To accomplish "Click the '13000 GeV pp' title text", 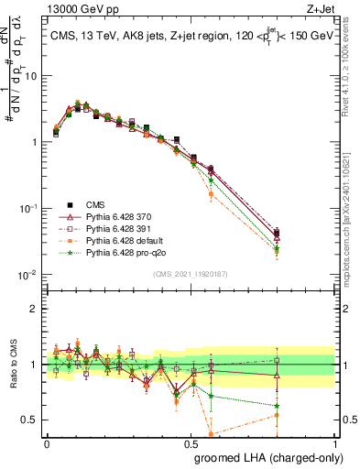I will (x=76, y=8).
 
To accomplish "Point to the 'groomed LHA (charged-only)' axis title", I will (x=264, y=455).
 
